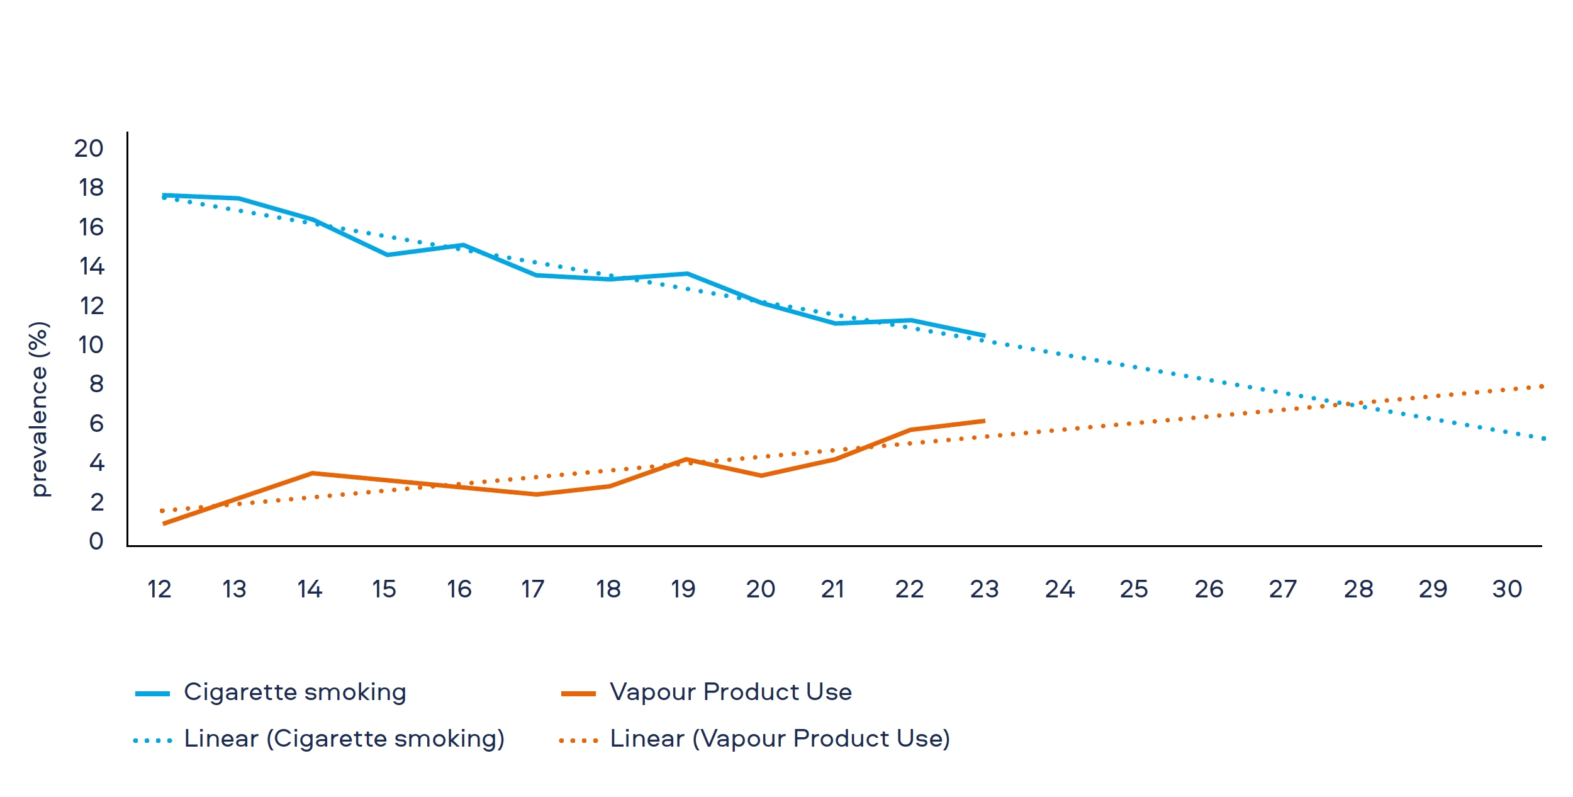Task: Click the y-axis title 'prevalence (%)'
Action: click(39, 409)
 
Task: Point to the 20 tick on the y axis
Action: click(89, 149)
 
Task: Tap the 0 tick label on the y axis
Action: click(96, 541)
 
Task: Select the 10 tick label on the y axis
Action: click(91, 345)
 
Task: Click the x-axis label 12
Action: click(159, 589)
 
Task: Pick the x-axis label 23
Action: click(984, 589)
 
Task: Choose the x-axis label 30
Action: click(1507, 589)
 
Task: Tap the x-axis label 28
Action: click(1358, 589)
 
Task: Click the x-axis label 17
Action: click(532, 589)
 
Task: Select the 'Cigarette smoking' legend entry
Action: click(294, 692)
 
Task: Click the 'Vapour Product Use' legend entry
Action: click(731, 692)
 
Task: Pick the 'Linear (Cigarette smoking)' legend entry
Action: click(344, 738)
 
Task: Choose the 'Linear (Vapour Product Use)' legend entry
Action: click(780, 738)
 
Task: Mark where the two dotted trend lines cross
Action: click(1346, 404)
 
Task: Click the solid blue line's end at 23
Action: click(984, 336)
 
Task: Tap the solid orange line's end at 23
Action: click(984, 421)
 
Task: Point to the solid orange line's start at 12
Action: click(164, 524)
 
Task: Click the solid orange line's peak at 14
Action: click(313, 473)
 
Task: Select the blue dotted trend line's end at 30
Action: click(1543, 438)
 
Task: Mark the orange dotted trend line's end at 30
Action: click(1542, 387)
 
